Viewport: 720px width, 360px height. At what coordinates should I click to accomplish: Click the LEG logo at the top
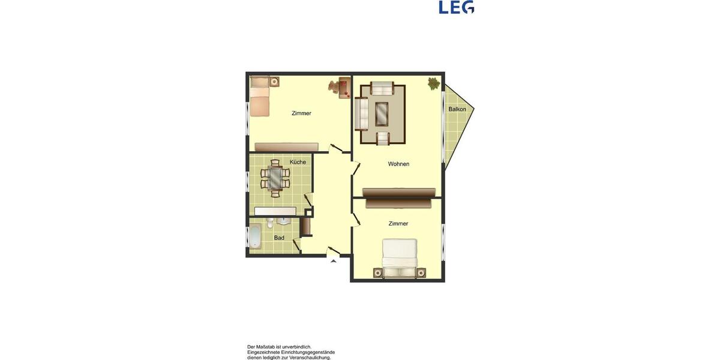click(456, 7)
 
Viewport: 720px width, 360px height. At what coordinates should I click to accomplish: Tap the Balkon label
click(457, 109)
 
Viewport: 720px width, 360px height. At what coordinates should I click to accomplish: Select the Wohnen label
click(398, 164)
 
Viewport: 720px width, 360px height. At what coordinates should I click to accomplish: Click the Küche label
click(298, 162)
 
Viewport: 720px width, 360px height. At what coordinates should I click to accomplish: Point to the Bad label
click(279, 238)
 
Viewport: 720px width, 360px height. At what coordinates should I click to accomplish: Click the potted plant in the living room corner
click(433, 83)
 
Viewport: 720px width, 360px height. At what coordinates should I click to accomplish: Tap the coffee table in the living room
click(382, 113)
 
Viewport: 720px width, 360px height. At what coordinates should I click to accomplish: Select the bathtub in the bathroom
click(255, 237)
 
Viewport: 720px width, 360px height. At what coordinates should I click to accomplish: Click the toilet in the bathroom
click(271, 224)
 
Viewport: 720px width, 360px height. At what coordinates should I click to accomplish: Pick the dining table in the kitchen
click(275, 177)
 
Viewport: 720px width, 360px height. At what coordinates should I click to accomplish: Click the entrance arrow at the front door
click(333, 260)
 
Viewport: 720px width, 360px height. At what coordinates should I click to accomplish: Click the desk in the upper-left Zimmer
click(344, 88)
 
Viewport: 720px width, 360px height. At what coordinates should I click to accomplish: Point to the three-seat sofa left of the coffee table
click(361, 113)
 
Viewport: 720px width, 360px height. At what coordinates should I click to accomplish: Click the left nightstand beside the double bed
click(377, 273)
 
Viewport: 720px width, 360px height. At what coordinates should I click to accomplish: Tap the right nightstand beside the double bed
click(421, 273)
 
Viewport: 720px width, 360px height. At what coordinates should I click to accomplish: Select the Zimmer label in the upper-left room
click(301, 113)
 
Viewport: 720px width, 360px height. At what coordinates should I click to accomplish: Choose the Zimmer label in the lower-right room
click(398, 224)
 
